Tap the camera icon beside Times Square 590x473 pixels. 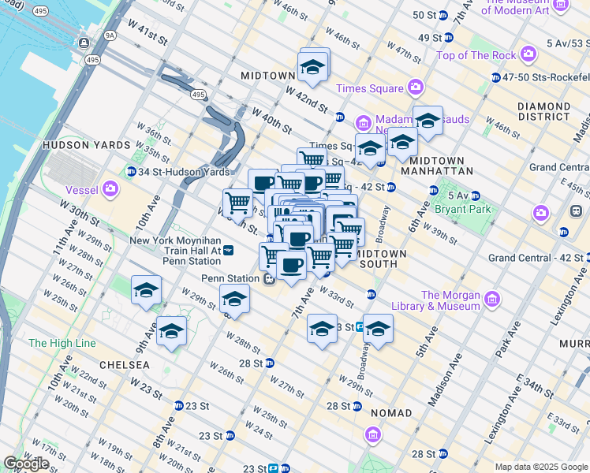coord(415,88)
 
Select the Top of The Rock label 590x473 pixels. coord(476,55)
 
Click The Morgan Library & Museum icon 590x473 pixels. coord(492,300)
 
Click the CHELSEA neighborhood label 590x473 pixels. coord(125,365)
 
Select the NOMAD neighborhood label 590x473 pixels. coord(384,413)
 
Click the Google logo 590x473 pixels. coord(26,464)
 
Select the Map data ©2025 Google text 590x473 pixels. coord(540,467)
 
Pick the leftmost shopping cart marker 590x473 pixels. coord(237,203)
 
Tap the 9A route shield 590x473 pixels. coord(108,35)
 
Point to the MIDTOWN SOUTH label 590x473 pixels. coord(381,259)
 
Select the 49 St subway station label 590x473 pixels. coord(430,37)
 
